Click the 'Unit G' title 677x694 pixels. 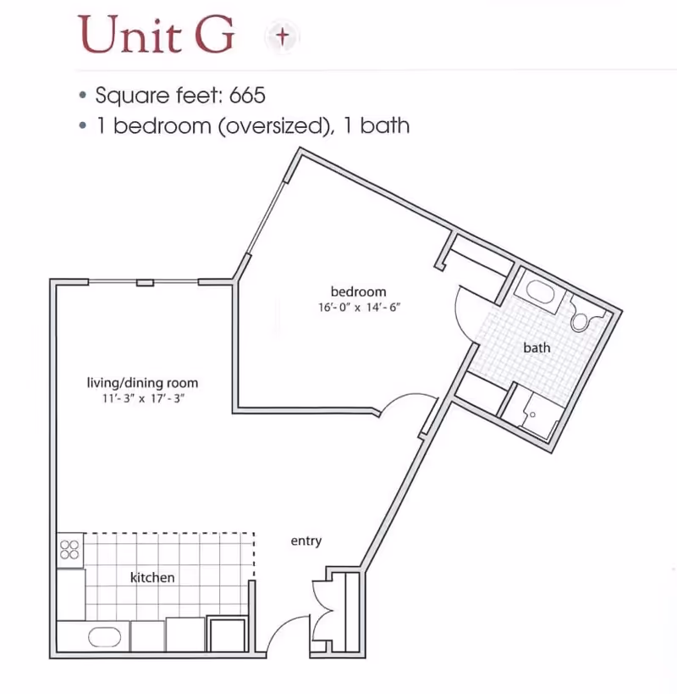(156, 35)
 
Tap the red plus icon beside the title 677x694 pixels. (283, 36)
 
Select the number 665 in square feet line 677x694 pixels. (247, 95)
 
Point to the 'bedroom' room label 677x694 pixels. (358, 291)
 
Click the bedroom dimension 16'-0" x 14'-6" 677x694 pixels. (360, 307)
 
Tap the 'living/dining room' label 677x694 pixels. (142, 383)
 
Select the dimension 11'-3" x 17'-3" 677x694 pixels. (143, 398)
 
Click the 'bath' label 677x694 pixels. (537, 348)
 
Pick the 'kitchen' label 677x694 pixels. (152, 577)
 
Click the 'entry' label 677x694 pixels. (306, 541)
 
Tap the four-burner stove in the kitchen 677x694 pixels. (70, 550)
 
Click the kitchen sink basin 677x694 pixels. (104, 637)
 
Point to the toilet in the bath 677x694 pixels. (582, 317)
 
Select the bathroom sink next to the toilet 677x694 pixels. (539, 291)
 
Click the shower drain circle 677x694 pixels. (532, 414)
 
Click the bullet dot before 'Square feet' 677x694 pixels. (83, 95)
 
